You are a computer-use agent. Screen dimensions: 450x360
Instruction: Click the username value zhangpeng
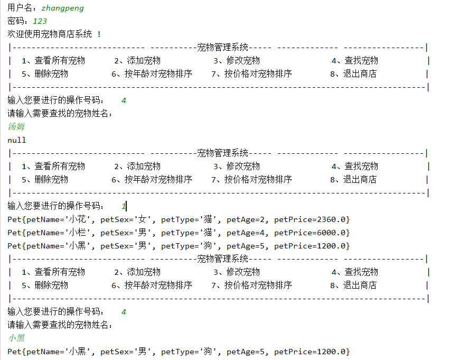click(x=62, y=8)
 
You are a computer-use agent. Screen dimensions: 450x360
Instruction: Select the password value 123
click(x=40, y=21)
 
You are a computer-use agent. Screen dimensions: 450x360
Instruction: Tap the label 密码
click(x=16, y=21)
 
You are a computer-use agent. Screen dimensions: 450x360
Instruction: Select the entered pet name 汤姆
click(x=16, y=127)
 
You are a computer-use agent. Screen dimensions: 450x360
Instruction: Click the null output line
click(x=17, y=140)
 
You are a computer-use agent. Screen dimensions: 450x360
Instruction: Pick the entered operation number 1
click(x=124, y=206)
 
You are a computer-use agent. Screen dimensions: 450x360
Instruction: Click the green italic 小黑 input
click(x=16, y=338)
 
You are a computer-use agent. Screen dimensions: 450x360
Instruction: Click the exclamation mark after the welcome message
click(x=99, y=34)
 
